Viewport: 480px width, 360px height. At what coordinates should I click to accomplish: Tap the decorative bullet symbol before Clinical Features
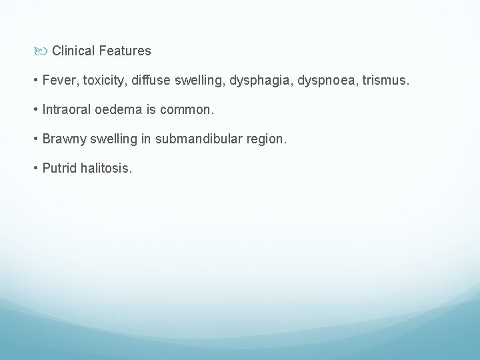click(43, 51)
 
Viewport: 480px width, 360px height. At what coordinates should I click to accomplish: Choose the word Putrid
click(59, 168)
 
